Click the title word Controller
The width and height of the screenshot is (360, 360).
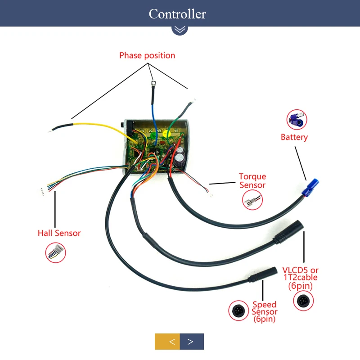[177, 14]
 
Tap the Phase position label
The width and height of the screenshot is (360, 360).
[147, 55]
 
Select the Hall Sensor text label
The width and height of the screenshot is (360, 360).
[59, 233]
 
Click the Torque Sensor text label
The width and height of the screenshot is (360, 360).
[252, 181]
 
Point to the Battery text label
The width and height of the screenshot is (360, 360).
[294, 137]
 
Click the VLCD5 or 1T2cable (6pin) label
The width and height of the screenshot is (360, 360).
[300, 278]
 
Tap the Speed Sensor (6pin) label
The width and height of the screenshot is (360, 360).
[264, 311]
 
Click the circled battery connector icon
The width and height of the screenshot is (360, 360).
[297, 120]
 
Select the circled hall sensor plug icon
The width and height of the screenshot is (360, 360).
[55, 252]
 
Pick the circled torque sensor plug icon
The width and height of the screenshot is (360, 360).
[252, 200]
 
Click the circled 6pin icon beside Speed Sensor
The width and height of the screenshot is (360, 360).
[238, 310]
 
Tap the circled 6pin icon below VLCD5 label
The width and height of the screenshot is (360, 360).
[303, 301]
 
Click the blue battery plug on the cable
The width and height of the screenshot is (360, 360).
[310, 187]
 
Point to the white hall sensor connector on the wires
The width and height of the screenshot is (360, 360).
[42, 192]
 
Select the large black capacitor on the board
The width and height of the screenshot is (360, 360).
[180, 159]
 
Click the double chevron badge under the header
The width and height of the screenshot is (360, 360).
[180, 29]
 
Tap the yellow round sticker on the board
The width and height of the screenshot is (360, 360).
[166, 134]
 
